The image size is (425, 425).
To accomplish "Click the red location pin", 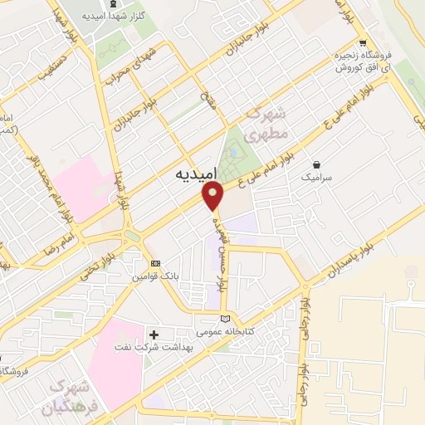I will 215,195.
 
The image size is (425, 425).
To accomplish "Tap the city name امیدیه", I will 197,175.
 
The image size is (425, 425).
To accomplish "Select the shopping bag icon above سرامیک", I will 315,164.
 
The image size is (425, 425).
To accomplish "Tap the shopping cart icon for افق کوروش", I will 362,44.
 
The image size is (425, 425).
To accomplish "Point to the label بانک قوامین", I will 154,277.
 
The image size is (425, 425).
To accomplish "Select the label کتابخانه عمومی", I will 222,330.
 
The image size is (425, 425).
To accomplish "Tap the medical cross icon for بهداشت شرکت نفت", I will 154,334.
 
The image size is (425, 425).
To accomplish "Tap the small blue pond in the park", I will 232,152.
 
